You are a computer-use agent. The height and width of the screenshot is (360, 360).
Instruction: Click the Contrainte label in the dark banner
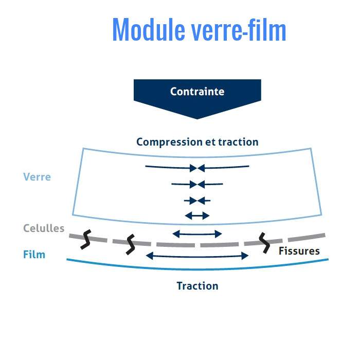click(x=197, y=92)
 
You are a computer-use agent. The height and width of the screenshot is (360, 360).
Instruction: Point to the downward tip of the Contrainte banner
click(x=197, y=117)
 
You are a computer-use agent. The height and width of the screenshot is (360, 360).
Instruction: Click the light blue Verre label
click(x=37, y=177)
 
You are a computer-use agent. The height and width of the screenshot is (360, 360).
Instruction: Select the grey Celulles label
click(x=44, y=228)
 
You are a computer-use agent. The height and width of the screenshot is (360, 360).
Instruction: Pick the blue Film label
click(x=34, y=254)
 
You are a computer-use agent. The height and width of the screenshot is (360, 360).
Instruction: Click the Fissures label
click(x=299, y=251)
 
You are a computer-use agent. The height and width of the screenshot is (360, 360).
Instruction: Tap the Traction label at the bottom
click(x=197, y=286)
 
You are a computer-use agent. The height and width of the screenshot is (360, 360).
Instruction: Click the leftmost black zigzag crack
click(x=86, y=240)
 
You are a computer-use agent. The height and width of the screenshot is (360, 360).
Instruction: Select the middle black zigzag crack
click(x=131, y=244)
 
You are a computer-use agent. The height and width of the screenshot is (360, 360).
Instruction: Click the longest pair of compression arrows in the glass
click(x=197, y=167)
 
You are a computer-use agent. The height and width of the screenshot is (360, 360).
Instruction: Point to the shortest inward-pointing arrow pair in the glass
click(x=197, y=200)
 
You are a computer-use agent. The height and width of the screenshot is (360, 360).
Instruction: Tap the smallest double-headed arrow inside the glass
click(x=197, y=215)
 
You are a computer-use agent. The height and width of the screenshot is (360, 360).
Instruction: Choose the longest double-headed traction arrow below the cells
click(x=197, y=256)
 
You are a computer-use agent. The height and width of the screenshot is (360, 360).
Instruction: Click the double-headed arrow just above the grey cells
click(x=197, y=234)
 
